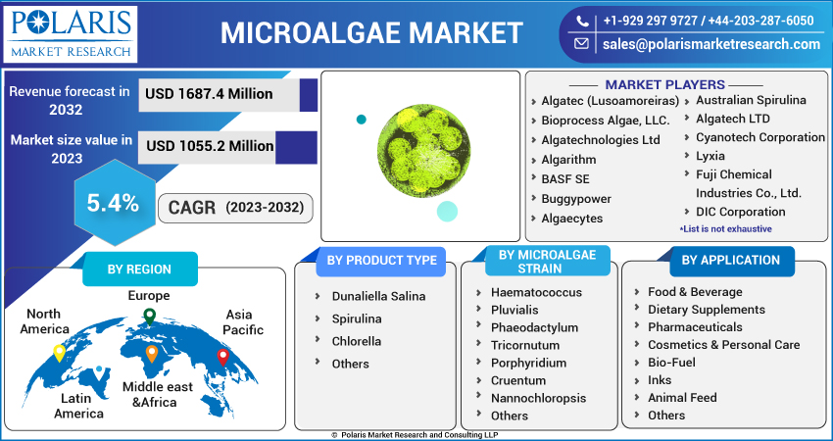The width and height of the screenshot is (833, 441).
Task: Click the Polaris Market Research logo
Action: [71, 32]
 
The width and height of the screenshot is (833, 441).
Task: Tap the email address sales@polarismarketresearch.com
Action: [710, 44]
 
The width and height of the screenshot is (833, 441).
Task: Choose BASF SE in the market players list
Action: [565, 178]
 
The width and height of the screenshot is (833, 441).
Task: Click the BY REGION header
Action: [138, 269]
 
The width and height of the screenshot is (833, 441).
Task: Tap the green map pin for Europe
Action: [149, 317]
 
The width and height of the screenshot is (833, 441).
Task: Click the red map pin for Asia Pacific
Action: [222, 357]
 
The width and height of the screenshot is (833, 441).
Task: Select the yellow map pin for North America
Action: [59, 352]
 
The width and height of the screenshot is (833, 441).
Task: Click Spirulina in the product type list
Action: [356, 318]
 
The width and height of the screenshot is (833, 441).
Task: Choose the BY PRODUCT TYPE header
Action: [381, 260]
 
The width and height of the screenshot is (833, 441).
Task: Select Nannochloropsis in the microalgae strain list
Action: [538, 398]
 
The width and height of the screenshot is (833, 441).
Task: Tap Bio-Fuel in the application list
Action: [673, 363]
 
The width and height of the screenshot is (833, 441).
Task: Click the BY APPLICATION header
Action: [730, 260]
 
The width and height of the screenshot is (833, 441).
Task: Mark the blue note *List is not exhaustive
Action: [725, 228]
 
